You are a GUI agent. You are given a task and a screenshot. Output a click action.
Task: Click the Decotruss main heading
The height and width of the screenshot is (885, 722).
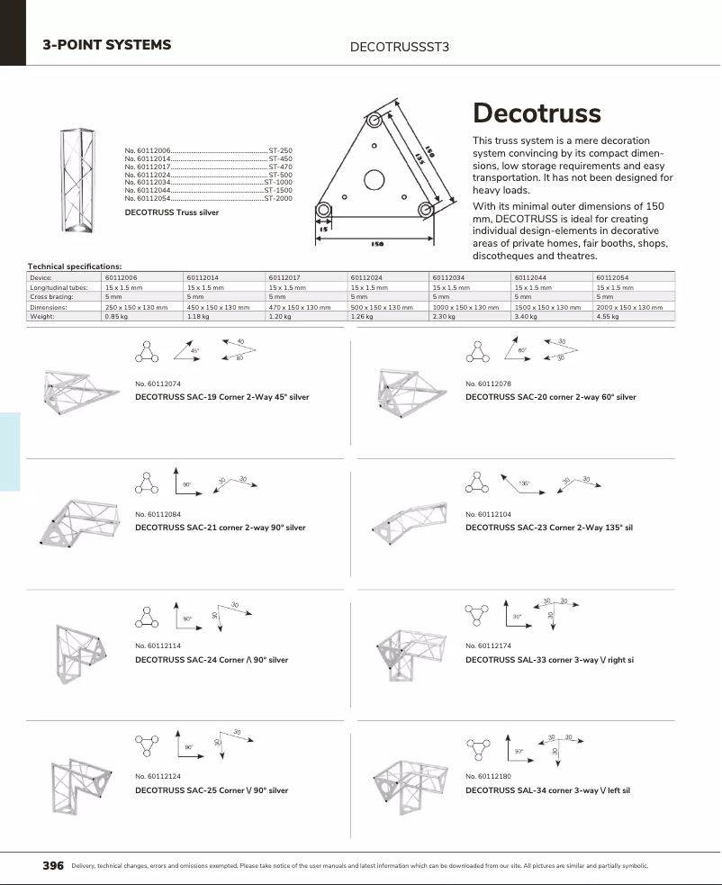(x=537, y=113)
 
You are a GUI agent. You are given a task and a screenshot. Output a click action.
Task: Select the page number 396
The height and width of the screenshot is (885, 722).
(x=54, y=866)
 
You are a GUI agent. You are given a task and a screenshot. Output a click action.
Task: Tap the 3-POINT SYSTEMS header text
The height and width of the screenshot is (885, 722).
(x=107, y=44)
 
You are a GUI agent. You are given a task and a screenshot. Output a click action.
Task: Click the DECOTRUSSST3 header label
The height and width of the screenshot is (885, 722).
(x=399, y=45)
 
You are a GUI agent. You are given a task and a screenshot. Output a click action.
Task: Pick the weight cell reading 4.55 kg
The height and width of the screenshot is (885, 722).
(x=610, y=317)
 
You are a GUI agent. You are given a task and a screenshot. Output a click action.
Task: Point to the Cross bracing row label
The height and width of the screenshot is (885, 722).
(x=51, y=297)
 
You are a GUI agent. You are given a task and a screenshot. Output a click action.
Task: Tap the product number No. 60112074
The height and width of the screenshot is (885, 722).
(x=158, y=384)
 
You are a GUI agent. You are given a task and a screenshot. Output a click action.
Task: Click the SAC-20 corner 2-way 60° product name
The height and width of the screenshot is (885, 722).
(x=550, y=397)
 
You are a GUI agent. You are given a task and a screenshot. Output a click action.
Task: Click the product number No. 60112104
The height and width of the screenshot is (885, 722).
(x=489, y=514)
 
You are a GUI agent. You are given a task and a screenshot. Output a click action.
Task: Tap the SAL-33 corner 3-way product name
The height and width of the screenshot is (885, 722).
(x=549, y=660)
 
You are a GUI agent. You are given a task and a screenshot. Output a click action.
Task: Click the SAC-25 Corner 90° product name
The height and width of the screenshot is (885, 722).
(x=212, y=790)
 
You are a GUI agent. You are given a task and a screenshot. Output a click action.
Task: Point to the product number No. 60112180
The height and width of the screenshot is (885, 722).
(x=489, y=776)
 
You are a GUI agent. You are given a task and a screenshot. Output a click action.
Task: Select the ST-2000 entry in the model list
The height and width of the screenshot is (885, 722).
(x=278, y=198)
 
